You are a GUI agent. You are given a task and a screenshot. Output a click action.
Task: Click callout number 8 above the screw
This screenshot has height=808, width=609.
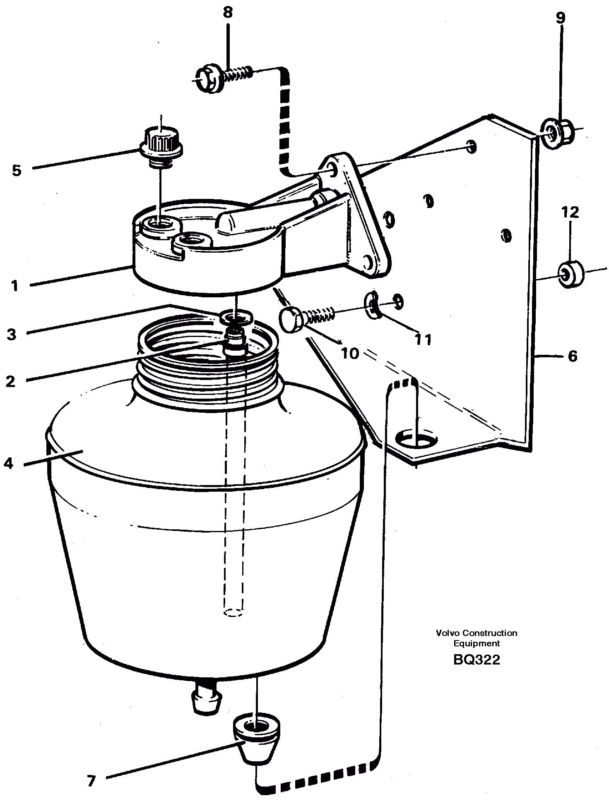(x=228, y=13)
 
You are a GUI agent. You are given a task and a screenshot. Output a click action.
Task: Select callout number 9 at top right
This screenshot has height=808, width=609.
(x=560, y=18)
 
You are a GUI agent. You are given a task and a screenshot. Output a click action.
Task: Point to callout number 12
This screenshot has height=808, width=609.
(x=570, y=213)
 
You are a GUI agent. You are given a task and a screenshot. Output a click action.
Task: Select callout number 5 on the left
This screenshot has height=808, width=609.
(x=17, y=170)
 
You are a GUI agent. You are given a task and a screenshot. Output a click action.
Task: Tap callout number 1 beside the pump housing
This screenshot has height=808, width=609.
(x=15, y=286)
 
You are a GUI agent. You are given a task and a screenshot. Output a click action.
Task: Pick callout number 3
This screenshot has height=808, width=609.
(x=12, y=334)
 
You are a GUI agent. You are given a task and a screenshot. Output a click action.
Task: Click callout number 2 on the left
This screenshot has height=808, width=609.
(x=11, y=381)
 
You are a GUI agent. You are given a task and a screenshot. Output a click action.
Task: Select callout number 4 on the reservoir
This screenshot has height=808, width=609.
(x=8, y=464)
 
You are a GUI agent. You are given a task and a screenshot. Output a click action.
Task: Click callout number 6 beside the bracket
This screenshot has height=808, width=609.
(x=572, y=356)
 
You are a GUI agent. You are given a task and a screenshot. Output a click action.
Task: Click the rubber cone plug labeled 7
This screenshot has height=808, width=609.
(x=254, y=740)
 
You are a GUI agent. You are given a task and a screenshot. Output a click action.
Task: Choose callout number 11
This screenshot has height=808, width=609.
(x=423, y=340)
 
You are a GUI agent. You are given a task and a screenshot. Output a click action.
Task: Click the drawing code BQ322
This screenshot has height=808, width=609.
(x=477, y=660)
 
